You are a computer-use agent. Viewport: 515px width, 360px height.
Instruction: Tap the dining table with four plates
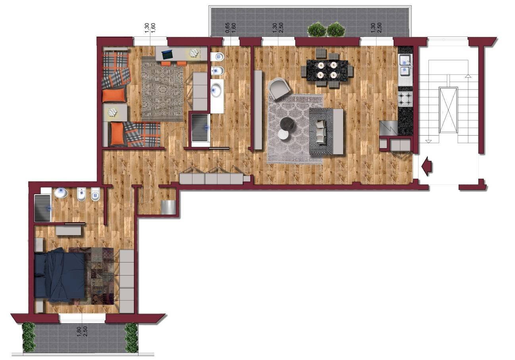(x=327, y=70)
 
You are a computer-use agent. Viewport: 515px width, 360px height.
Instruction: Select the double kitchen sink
(x=405, y=65)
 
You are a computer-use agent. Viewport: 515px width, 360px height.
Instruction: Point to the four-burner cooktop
(x=405, y=99)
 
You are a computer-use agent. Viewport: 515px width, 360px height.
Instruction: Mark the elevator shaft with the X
(x=448, y=110)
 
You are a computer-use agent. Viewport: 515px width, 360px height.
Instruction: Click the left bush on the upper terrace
(x=316, y=29)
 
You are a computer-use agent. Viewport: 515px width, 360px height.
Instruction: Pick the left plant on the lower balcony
(x=29, y=337)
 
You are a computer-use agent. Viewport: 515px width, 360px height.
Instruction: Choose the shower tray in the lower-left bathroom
(x=42, y=208)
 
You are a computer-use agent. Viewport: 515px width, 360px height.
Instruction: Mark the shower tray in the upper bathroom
(x=200, y=127)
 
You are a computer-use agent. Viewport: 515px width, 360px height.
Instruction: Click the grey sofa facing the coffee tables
(x=326, y=131)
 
